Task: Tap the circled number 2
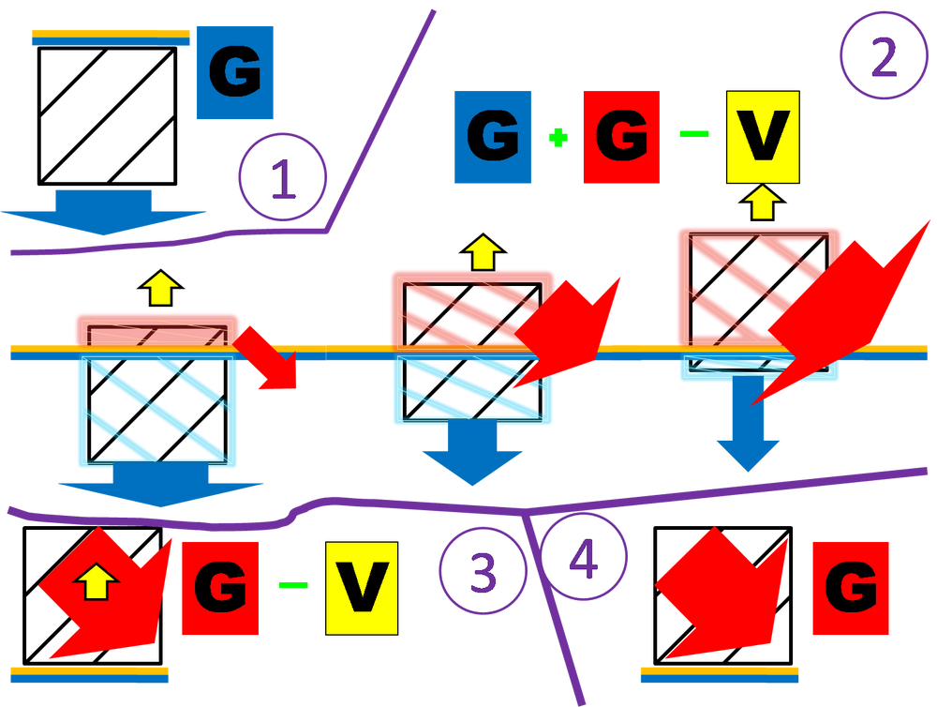pyautogui.click(x=882, y=58)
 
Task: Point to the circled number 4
pyautogui.click(x=583, y=561)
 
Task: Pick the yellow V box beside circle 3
pyautogui.click(x=361, y=586)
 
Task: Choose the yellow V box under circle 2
pyautogui.click(x=762, y=137)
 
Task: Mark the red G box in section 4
pyautogui.click(x=851, y=588)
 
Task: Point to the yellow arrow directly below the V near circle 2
pyautogui.click(x=762, y=203)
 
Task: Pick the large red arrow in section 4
pyautogui.click(x=721, y=595)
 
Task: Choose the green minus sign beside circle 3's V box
pyautogui.click(x=293, y=584)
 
